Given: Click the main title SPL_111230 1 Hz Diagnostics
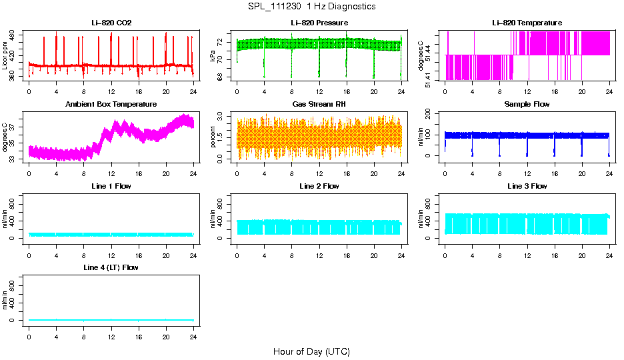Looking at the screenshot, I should [x=311, y=7].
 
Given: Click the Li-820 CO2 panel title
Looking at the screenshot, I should [x=111, y=23].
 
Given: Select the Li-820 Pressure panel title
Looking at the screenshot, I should [x=319, y=23].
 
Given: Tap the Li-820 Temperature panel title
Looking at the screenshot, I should [x=527, y=23].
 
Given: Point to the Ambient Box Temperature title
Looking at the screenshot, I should [x=111, y=105].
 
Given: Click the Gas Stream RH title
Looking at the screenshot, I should [x=319, y=105].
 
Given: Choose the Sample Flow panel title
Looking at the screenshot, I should [x=527, y=105].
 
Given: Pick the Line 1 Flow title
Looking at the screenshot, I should [x=111, y=186].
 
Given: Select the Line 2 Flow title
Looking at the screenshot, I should [x=319, y=186].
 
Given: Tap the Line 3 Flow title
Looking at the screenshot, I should [x=527, y=186].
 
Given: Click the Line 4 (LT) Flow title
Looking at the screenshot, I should [x=111, y=267].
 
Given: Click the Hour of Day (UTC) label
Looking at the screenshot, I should [x=311, y=351].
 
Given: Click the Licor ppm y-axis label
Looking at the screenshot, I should [x=5, y=56].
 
